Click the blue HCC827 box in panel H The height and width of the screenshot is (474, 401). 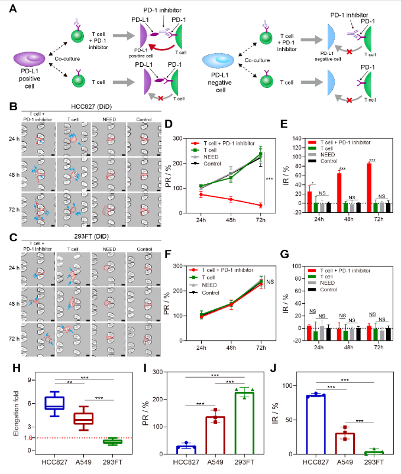[55, 403]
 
